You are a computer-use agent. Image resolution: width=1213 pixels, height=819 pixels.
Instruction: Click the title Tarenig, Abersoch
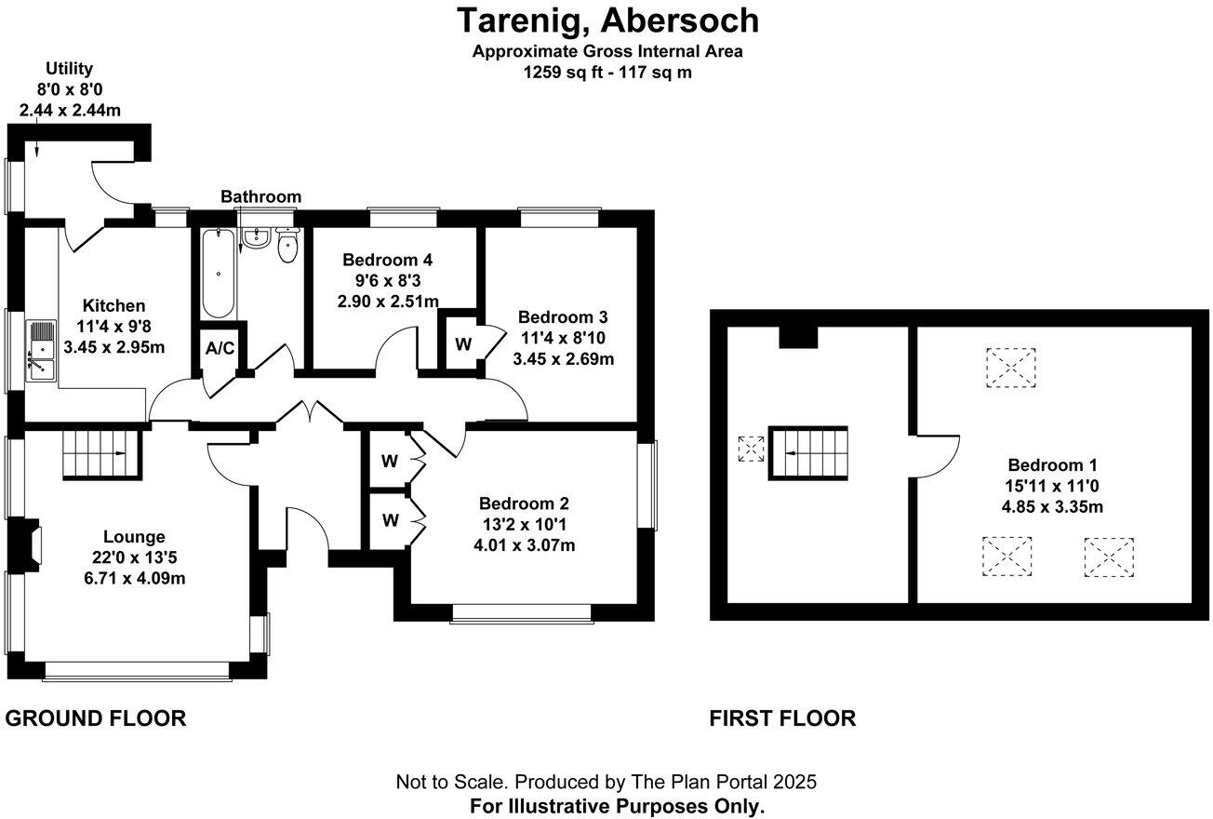tap(607, 21)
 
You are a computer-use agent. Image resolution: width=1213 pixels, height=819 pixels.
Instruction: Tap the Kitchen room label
tap(113, 305)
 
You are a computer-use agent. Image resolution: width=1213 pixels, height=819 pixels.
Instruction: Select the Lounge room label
tap(134, 537)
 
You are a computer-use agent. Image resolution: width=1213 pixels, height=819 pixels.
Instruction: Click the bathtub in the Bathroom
tap(219, 274)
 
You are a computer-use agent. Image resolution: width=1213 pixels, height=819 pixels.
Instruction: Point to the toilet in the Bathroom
tap(287, 246)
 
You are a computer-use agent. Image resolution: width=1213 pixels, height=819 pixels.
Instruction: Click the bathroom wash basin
tap(255, 238)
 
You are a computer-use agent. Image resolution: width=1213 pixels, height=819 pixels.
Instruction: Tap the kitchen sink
tap(41, 351)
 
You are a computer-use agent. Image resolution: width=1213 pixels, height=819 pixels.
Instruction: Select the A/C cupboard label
tap(220, 348)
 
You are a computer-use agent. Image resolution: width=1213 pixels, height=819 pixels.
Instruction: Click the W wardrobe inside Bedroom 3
tap(463, 344)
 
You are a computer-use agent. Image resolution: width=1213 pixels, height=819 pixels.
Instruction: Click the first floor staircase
tap(808, 453)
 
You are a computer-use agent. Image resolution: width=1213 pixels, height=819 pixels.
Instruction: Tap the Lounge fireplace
tap(25, 544)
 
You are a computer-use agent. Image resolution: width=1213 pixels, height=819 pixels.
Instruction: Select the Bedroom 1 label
tap(1052, 464)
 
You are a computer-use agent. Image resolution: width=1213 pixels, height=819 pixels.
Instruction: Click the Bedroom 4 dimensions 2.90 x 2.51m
tap(388, 302)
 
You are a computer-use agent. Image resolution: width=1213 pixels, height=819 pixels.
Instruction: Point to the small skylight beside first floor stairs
tap(751, 449)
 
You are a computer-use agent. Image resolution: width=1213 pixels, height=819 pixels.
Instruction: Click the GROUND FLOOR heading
tap(95, 718)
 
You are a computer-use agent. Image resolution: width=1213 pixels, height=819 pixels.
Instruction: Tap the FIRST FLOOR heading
tap(782, 718)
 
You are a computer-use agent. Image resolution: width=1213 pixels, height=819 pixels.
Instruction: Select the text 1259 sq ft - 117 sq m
tap(607, 72)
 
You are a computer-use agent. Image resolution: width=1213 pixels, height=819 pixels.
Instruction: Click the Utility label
tap(70, 69)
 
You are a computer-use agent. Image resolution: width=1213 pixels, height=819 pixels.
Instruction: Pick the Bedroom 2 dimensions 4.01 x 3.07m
tap(525, 545)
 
